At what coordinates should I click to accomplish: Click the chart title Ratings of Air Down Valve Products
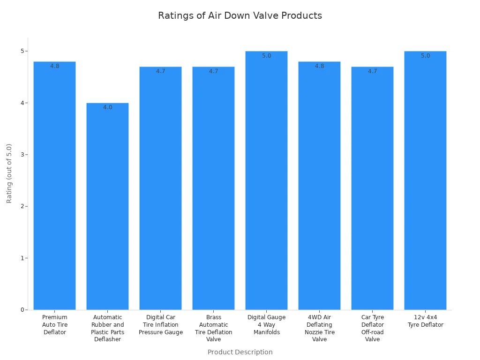point(240,15)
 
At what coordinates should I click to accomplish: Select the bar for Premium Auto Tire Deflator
point(54,187)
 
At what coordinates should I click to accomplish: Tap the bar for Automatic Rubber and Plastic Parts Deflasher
point(107,206)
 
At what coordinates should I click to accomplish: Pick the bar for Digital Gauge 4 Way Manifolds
point(266,183)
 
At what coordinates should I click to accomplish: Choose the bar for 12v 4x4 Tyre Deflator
point(425,183)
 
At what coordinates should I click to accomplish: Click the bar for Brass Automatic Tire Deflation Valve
point(213,187)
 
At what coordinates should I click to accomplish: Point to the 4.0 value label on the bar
point(108,107)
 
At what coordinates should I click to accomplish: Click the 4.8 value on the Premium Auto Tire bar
point(55,66)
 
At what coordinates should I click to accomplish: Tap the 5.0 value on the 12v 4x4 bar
point(425,56)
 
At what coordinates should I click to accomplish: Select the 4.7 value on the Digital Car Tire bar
point(161,71)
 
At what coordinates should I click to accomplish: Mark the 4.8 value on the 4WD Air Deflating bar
point(319,66)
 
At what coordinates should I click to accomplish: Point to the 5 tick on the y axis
point(22,51)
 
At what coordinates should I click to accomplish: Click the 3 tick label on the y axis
point(22,155)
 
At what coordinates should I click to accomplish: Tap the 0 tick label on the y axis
point(22,310)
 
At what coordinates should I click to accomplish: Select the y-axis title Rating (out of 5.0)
point(9,173)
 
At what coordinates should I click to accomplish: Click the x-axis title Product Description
point(240,352)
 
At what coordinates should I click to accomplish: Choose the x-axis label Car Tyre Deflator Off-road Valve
point(372,328)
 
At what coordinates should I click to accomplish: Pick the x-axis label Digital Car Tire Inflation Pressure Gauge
point(161,325)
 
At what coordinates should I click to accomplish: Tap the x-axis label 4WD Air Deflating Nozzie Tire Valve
point(319,328)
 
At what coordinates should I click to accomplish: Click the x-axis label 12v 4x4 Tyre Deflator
point(425,321)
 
